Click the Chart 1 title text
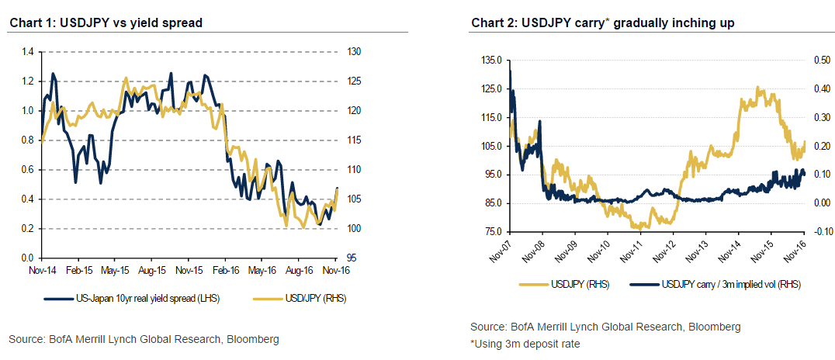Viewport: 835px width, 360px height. pyautogui.click(x=106, y=23)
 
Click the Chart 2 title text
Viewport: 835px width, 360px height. pyautogui.click(x=603, y=23)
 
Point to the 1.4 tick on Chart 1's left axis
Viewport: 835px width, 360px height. pyautogui.click(x=28, y=52)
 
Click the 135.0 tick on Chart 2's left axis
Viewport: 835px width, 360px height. pyautogui.click(x=492, y=60)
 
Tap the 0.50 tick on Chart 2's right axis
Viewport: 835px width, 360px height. pyautogui.click(x=822, y=60)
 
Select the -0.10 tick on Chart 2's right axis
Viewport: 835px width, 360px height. pyautogui.click(x=821, y=232)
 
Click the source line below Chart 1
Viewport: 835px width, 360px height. pyautogui.click(x=144, y=339)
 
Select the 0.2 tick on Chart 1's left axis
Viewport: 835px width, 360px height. pyautogui.click(x=28, y=228)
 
